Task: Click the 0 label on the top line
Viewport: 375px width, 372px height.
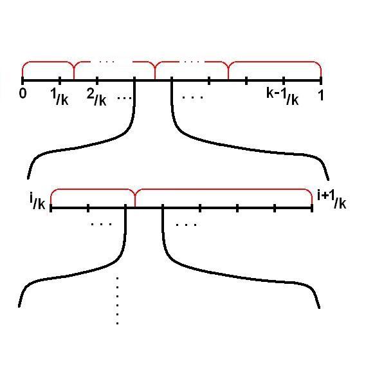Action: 23,93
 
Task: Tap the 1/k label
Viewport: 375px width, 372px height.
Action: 59,97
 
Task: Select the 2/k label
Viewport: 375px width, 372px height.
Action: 96,97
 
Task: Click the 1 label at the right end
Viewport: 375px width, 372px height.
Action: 321,95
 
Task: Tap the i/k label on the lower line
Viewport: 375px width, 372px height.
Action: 37,202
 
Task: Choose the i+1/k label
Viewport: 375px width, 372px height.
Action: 332,200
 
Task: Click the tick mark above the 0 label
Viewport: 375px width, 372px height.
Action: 23,80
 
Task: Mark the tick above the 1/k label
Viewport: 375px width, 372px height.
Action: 60,80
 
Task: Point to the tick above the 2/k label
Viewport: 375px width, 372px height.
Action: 97,80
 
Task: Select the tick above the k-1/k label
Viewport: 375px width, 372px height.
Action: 284,80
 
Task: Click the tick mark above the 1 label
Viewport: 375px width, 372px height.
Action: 321,80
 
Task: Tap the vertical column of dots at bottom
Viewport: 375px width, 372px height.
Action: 117,301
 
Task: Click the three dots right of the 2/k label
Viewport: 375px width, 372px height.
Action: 124,98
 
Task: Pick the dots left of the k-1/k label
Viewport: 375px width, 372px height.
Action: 192,97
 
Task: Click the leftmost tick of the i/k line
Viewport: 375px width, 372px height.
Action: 51,208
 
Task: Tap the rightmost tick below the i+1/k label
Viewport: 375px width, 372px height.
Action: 312,208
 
